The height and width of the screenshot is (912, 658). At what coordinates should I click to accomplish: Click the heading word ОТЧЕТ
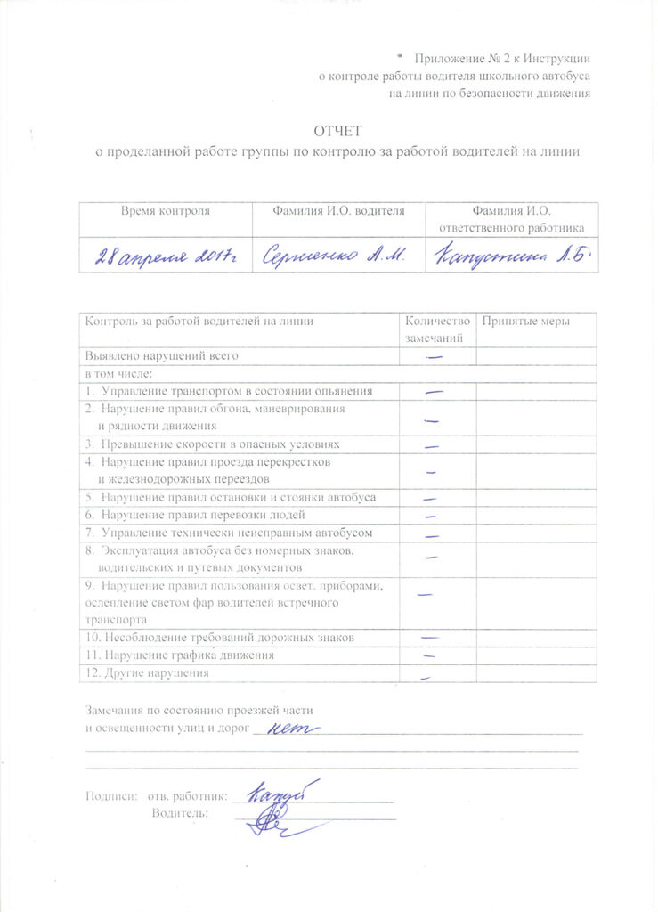coord(337,132)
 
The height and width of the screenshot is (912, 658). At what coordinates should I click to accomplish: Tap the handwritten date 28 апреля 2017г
coord(168,255)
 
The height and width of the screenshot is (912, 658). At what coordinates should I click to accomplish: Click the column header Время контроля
coord(166,211)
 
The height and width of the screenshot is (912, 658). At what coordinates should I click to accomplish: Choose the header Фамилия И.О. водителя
coord(338,211)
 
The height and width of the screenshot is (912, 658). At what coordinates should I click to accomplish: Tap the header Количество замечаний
coord(435,330)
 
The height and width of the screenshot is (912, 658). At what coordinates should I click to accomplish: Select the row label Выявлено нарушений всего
coord(162,356)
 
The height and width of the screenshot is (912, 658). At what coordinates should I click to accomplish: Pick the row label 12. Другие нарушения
coord(147,672)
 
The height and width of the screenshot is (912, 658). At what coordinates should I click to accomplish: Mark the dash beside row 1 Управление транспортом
coord(434,391)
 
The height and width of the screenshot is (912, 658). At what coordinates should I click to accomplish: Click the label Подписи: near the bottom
coord(111,794)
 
